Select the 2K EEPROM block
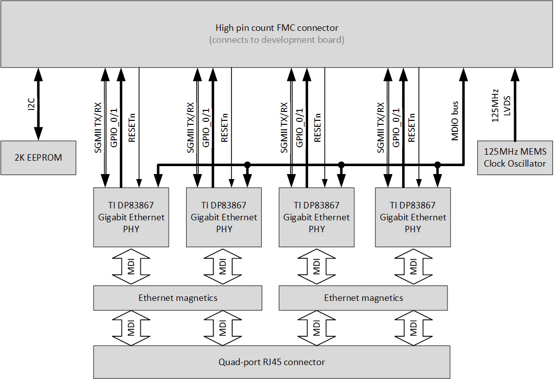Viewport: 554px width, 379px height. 38,158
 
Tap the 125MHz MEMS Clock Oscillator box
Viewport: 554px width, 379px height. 515,158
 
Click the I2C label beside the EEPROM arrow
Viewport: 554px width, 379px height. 31,104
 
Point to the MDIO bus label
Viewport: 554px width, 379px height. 455,121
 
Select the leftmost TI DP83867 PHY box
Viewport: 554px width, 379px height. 131,217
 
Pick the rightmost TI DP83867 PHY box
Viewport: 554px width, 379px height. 413,217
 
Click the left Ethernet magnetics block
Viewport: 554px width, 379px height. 178,298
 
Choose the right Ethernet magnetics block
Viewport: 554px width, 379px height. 363,298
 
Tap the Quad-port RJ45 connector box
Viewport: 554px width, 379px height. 272,362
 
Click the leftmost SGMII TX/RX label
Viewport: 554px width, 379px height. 98,127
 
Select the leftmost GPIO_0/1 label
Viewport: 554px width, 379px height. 113,127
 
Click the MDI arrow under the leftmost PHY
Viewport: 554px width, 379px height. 131,266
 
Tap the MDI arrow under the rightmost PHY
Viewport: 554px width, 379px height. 413,266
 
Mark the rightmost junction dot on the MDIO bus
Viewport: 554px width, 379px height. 438,165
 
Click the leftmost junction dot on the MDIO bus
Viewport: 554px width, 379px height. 247,165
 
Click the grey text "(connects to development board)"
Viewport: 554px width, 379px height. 277,40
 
